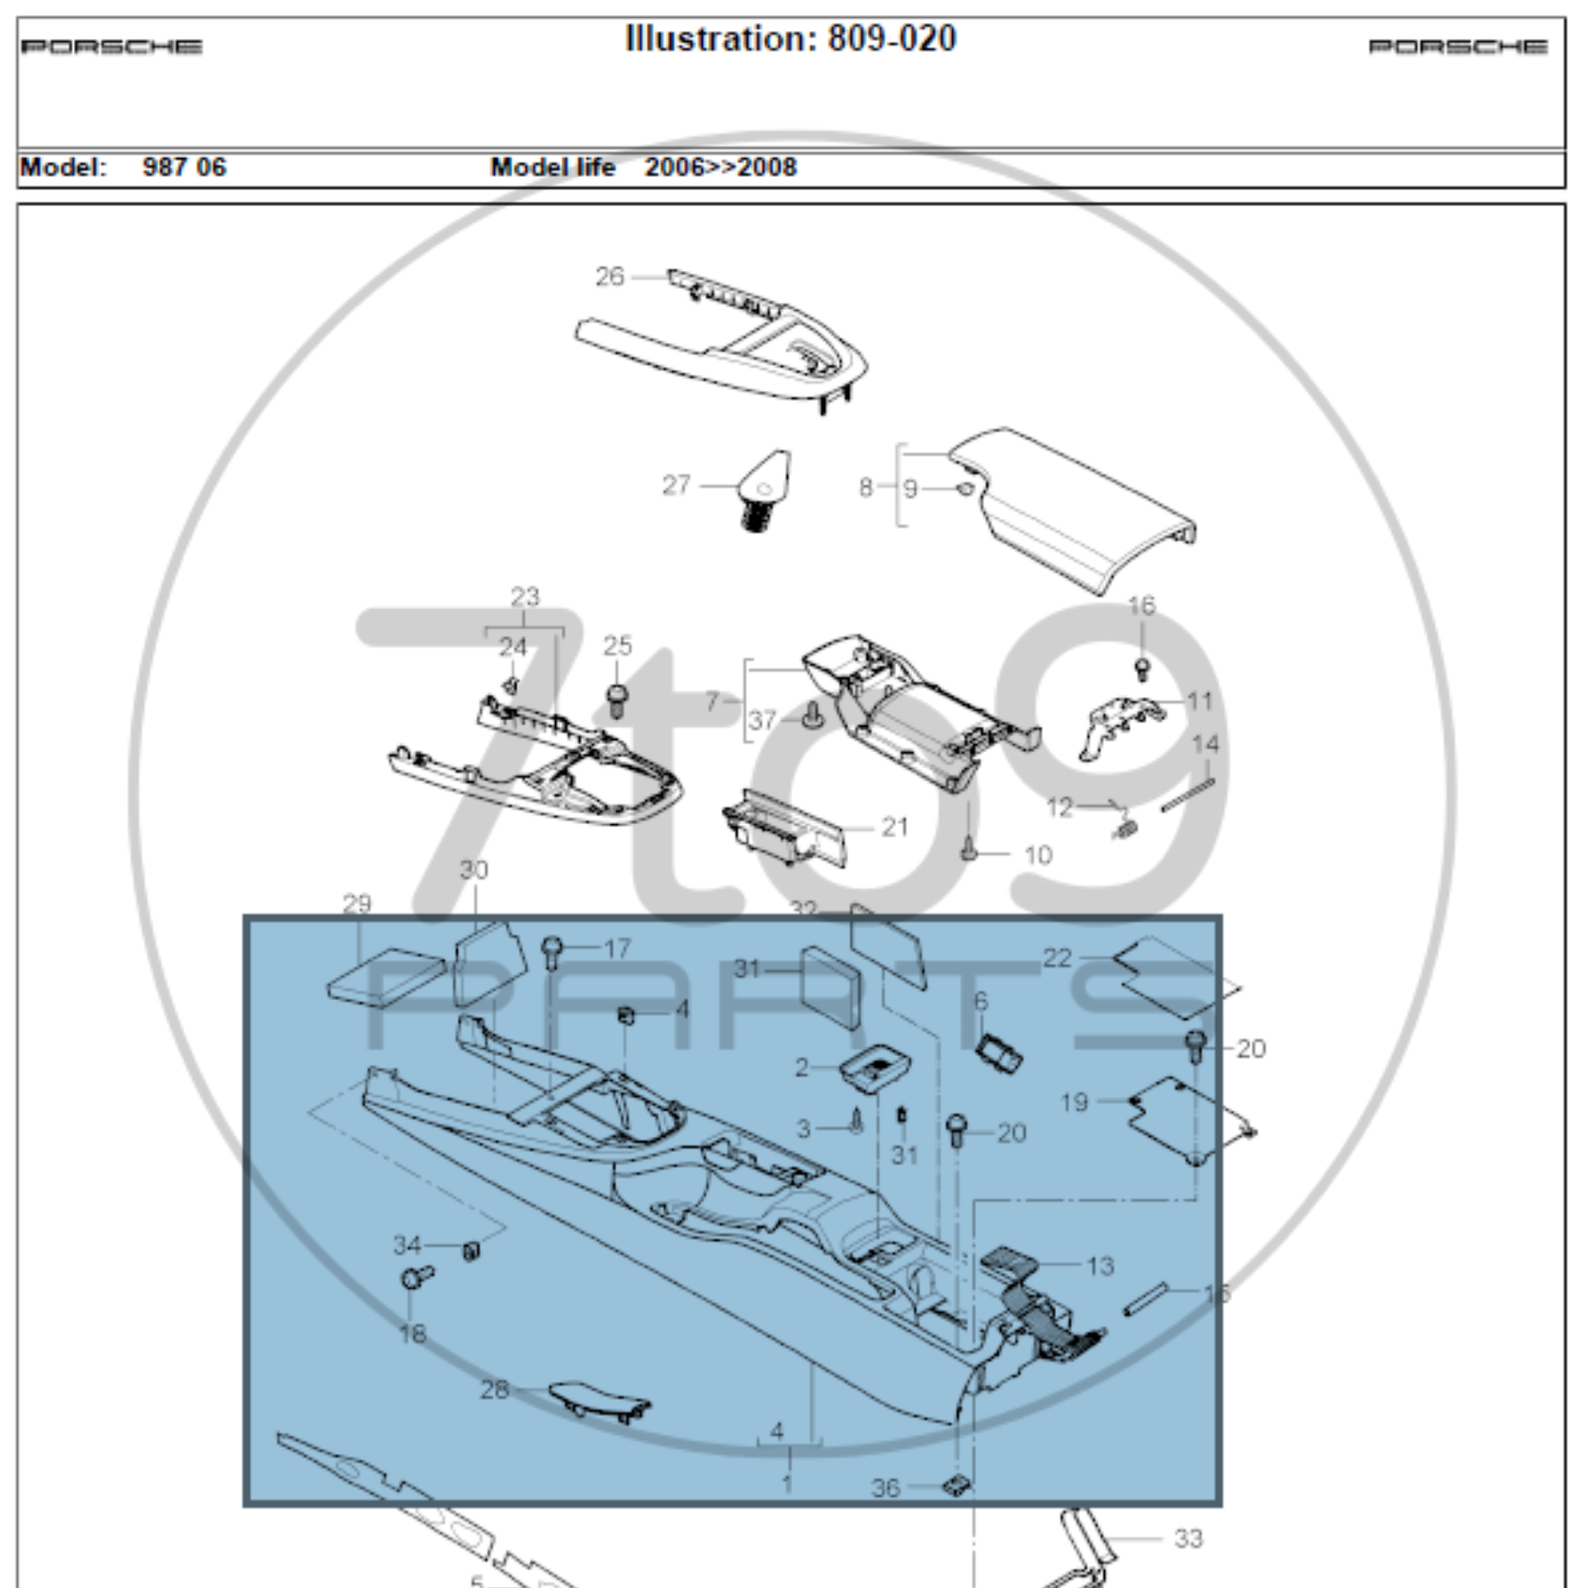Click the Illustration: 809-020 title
(x=791, y=40)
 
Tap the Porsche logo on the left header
(x=112, y=47)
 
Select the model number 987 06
(x=184, y=167)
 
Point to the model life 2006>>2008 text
(x=720, y=167)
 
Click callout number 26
(x=610, y=277)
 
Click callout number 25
(x=617, y=646)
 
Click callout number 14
(x=1206, y=744)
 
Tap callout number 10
(x=1038, y=856)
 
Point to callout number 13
(x=1100, y=1267)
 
